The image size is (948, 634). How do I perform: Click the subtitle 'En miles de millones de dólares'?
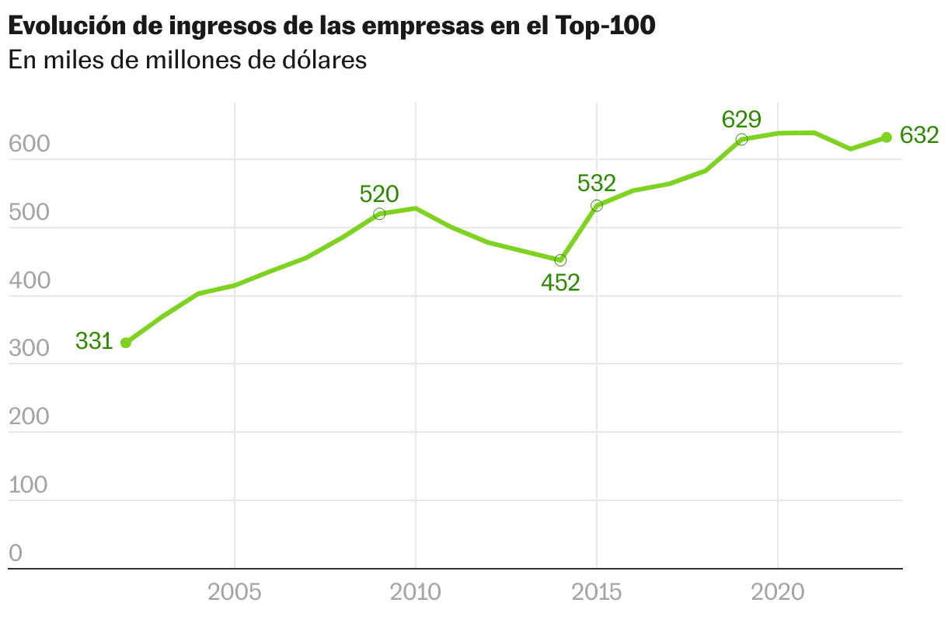click(187, 61)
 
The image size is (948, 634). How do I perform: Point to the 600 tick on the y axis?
click(29, 145)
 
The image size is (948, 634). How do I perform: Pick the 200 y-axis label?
click(29, 417)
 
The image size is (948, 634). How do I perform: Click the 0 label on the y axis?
click(16, 553)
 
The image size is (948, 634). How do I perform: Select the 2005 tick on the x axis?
click(234, 593)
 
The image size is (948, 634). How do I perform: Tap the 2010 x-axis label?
click(415, 593)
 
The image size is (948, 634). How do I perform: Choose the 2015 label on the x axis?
click(596, 593)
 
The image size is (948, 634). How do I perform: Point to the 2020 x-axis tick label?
click(778, 593)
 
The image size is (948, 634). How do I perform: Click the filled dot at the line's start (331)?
click(126, 343)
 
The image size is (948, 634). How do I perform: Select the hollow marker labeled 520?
click(379, 214)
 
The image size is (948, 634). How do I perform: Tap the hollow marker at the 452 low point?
click(560, 260)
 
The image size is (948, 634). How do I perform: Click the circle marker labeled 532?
click(597, 206)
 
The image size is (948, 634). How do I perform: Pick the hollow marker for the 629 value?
click(741, 140)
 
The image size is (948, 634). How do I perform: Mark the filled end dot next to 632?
click(887, 138)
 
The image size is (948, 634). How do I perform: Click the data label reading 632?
click(919, 136)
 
